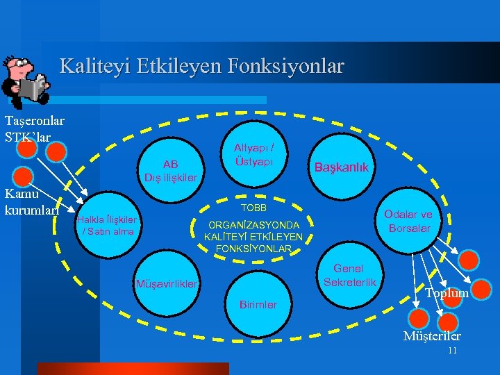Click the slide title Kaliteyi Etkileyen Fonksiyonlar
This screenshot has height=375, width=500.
[201, 66]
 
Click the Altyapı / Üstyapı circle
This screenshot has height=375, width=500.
[253, 153]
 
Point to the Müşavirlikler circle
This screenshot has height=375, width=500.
[167, 283]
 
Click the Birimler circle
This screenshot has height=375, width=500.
[258, 304]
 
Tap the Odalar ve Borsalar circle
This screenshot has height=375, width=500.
[409, 221]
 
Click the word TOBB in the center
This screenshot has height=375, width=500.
[253, 208]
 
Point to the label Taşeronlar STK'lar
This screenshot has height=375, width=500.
[34, 128]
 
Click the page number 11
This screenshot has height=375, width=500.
[452, 351]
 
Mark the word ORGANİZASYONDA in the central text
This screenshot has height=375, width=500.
[254, 226]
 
